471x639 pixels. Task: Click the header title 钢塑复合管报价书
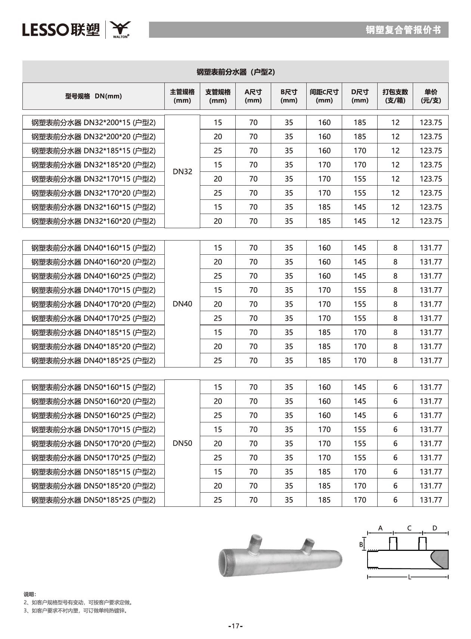403,30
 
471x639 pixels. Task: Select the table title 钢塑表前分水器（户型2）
236,72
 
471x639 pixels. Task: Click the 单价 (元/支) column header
431,96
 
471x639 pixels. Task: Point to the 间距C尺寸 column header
324,96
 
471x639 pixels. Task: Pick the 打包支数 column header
395,96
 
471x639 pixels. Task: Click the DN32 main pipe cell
182,171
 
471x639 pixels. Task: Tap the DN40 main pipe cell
182,304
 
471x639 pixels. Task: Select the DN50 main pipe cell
182,443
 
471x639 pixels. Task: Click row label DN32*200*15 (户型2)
93,122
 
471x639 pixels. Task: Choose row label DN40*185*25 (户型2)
93,361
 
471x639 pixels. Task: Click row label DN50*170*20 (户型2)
93,444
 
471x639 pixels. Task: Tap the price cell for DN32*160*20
431,221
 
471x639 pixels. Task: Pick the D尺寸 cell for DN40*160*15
360,248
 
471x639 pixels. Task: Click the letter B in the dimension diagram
361,545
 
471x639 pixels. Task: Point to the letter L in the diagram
410,577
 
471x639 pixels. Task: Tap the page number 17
235,626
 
